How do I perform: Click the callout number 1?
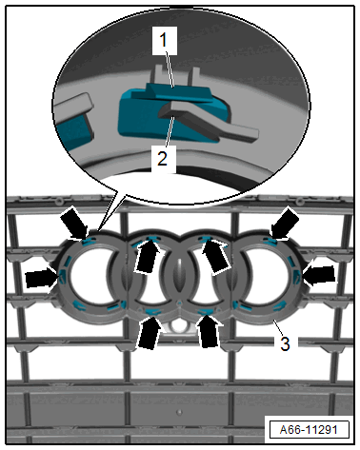(164, 40)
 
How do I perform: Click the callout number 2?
(163, 158)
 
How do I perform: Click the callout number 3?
(285, 344)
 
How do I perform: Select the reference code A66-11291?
(309, 430)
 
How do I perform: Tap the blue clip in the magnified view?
(171, 111)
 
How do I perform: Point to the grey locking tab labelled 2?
(208, 121)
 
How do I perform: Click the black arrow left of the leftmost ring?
(42, 277)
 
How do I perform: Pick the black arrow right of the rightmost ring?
(319, 275)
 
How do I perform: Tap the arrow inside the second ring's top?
(148, 256)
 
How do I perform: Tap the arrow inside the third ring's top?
(215, 256)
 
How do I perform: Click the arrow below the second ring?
(149, 331)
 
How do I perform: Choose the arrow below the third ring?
(208, 331)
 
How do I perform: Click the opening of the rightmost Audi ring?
(266, 275)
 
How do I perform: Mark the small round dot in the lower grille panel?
(180, 412)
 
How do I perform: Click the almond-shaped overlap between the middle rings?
(180, 274)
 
